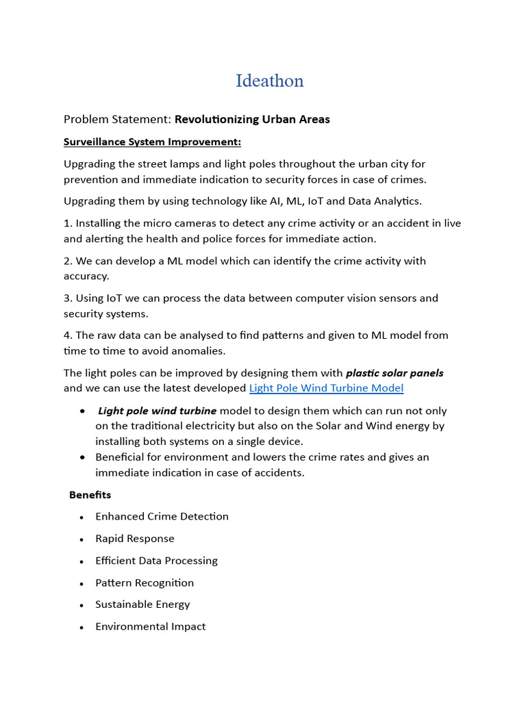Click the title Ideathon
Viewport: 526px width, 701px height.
[x=269, y=81]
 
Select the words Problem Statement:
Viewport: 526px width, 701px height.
[x=117, y=119]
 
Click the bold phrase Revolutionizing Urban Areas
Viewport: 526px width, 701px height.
[x=252, y=119]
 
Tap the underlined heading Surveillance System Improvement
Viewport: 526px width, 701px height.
[x=152, y=142]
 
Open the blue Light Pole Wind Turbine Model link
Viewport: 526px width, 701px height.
[x=326, y=388]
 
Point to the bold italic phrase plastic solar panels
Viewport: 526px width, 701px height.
[x=394, y=373]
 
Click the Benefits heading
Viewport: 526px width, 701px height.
[x=90, y=494]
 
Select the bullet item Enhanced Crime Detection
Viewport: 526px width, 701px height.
[x=162, y=516]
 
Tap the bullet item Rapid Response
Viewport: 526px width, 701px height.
[x=135, y=538]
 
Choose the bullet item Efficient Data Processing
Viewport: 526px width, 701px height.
[x=156, y=560]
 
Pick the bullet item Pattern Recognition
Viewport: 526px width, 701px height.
[x=145, y=583]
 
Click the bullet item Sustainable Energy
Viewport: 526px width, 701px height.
[x=142, y=604]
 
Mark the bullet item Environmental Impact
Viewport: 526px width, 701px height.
[x=150, y=626]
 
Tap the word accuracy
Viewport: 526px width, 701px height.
[x=86, y=276]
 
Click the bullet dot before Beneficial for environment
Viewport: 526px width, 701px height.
[x=83, y=457]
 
